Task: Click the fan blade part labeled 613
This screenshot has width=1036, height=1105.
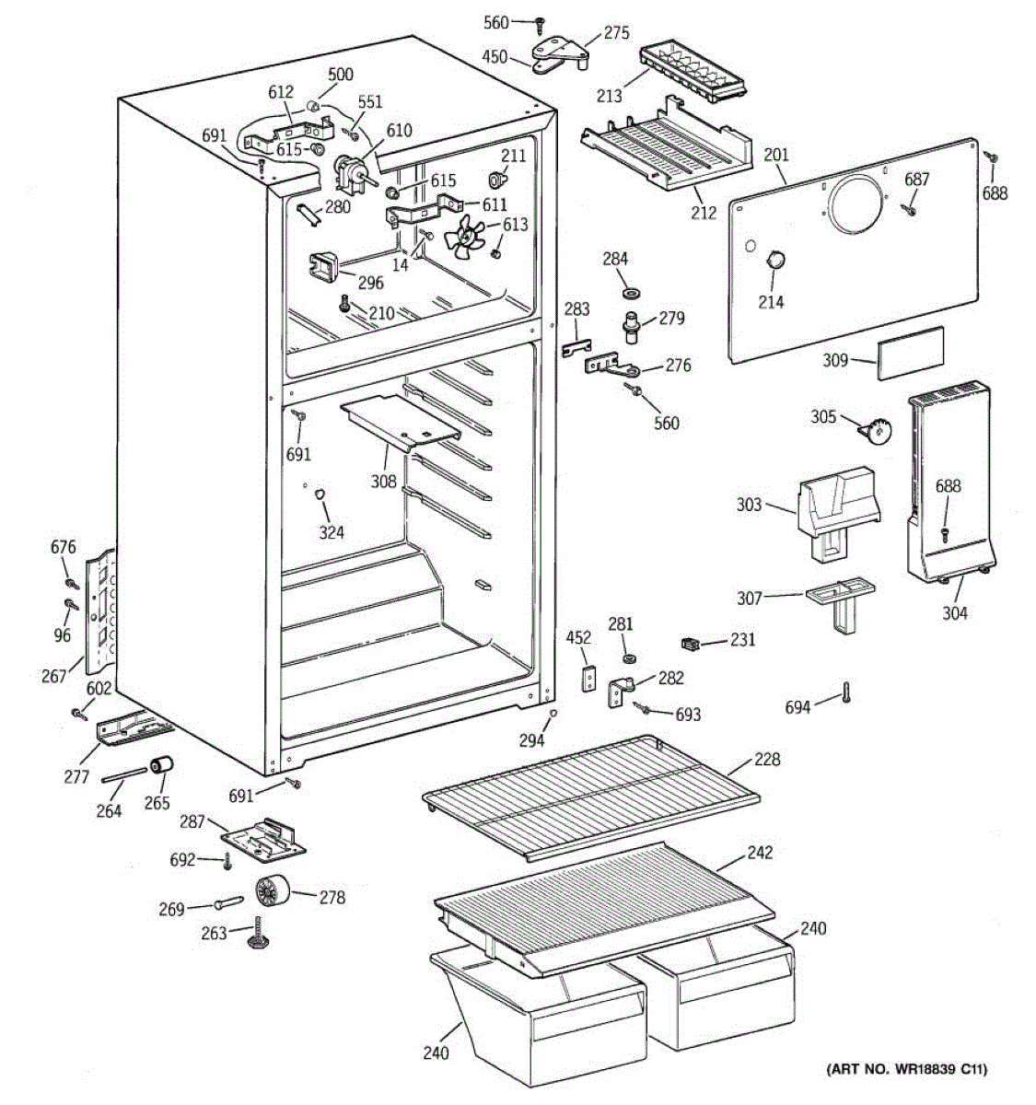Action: pyautogui.click(x=463, y=238)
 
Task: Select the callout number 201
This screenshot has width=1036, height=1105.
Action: pyautogui.click(x=775, y=155)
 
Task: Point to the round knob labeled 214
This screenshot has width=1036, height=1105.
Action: pyautogui.click(x=773, y=261)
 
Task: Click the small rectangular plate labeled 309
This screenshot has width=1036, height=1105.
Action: pyautogui.click(x=911, y=354)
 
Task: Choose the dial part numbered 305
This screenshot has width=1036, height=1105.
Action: pyautogui.click(x=876, y=431)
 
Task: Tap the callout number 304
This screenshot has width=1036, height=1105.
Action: pyautogui.click(x=954, y=613)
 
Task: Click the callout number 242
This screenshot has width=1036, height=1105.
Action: pyautogui.click(x=760, y=853)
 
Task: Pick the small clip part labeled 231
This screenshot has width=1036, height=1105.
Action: pyautogui.click(x=690, y=645)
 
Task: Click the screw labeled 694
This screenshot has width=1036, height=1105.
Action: pyautogui.click(x=846, y=692)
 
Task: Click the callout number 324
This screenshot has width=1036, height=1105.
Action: pyautogui.click(x=332, y=532)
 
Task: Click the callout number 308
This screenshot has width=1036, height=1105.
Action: pyautogui.click(x=384, y=481)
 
